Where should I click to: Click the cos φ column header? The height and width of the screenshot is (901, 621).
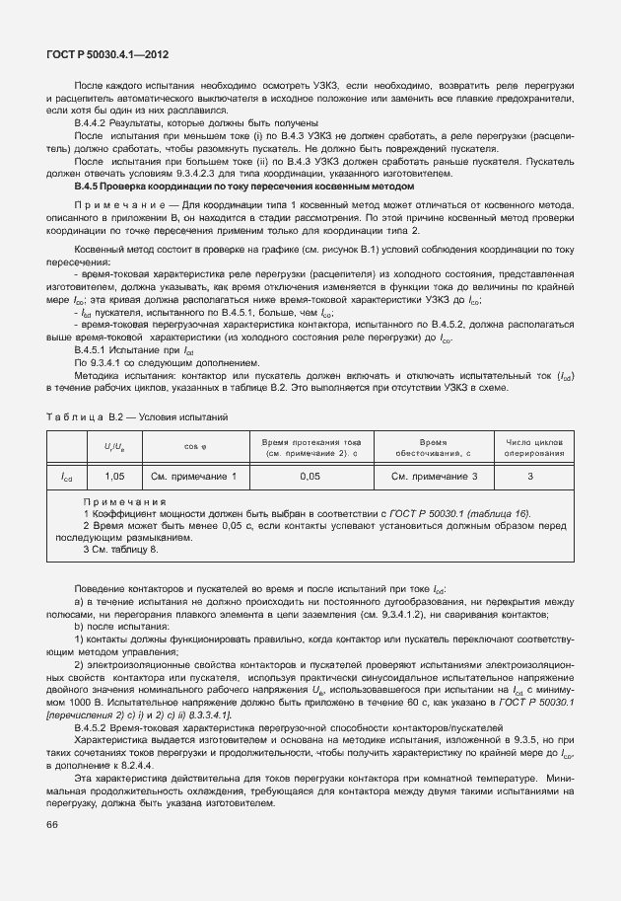(195, 447)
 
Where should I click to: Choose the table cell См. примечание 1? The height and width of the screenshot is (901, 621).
(195, 477)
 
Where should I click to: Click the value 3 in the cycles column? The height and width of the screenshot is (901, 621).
(534, 477)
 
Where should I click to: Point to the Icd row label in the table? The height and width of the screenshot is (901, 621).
(66, 478)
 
